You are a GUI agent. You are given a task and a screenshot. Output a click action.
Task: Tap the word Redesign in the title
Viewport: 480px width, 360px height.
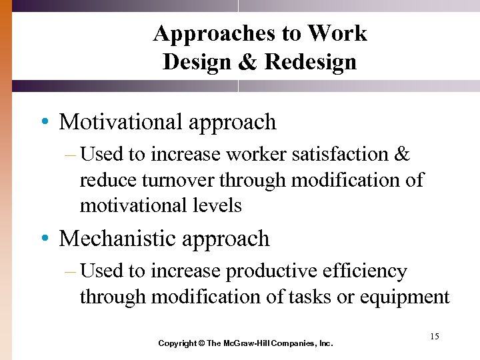310,62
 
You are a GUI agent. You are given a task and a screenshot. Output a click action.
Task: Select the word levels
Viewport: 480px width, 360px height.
215,205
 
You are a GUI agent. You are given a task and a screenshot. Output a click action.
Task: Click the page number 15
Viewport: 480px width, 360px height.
434,337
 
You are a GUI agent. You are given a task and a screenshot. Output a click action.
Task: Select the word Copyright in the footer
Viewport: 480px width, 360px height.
177,343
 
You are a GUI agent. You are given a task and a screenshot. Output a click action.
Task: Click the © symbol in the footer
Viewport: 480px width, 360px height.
201,343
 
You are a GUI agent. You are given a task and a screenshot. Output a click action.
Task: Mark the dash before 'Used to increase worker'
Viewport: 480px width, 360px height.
70,155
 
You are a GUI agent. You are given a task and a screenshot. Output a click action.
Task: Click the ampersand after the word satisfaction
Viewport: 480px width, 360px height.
402,155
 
